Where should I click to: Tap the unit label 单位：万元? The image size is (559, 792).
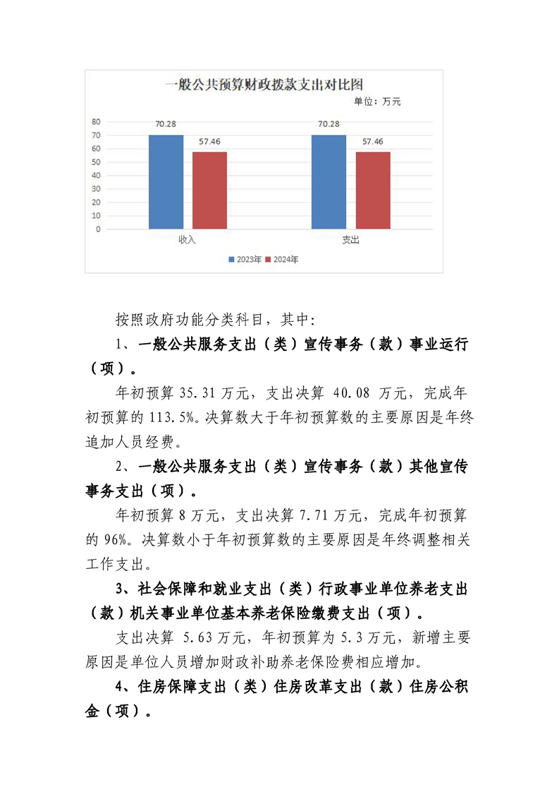tap(376, 102)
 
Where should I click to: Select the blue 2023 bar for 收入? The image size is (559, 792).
tap(166, 181)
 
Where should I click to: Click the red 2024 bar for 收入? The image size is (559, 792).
tap(209, 190)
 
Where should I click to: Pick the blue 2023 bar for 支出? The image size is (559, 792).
tap(328, 181)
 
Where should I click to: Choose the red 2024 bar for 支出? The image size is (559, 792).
tap(372, 190)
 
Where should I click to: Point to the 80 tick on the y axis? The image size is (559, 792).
tap(97, 121)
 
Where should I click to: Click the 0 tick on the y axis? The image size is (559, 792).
tap(99, 229)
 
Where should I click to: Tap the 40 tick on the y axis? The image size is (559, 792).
tap(97, 176)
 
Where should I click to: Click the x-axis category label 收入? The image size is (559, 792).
tap(187, 240)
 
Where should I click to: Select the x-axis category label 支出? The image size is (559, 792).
tap(350, 240)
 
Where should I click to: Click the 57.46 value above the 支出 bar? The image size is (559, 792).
tap(372, 142)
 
